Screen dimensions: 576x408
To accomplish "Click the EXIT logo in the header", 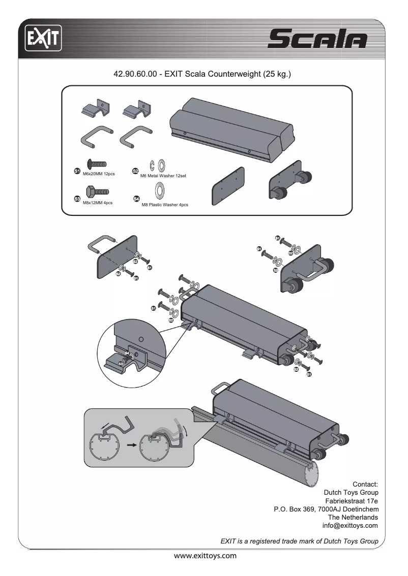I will click(x=44, y=39).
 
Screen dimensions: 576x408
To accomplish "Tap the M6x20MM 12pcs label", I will click(x=98, y=174).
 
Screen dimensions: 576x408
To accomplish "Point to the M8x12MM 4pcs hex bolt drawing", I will click(x=96, y=192).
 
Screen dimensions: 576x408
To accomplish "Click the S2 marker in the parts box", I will click(x=135, y=171).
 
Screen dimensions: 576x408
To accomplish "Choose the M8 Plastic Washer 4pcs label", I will click(x=164, y=205).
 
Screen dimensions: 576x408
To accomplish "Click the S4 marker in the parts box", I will click(x=136, y=199).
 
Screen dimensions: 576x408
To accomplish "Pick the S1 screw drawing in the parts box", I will click(x=96, y=164).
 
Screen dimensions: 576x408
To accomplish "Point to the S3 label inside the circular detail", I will click(x=121, y=364).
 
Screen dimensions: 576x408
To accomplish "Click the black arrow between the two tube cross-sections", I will click(x=132, y=444).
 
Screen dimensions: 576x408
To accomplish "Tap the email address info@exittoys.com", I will click(x=351, y=525).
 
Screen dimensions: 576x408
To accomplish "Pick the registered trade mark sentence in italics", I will click(x=299, y=541).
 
